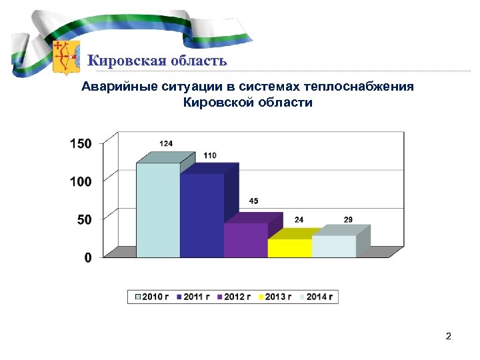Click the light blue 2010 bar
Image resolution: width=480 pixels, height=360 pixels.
(158, 210)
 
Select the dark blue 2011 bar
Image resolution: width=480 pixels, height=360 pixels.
(201, 215)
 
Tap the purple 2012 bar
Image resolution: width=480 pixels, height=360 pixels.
(245, 240)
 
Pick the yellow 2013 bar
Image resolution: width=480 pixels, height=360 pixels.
(289, 247)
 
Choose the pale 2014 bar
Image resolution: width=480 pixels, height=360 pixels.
(333, 246)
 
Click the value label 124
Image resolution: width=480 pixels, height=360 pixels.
(166, 144)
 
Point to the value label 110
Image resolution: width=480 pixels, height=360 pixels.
(210, 155)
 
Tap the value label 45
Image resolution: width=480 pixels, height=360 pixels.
(254, 201)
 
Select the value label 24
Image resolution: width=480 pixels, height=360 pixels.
(299, 219)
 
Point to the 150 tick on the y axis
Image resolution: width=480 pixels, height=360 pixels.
(81, 143)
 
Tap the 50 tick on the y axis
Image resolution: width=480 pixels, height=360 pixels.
(84, 219)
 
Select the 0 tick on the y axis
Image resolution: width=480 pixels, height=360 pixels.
(88, 257)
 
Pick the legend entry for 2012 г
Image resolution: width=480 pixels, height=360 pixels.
(235, 297)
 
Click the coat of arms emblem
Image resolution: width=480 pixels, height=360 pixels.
(65, 57)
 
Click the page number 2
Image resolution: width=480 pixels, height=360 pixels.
(449, 337)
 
